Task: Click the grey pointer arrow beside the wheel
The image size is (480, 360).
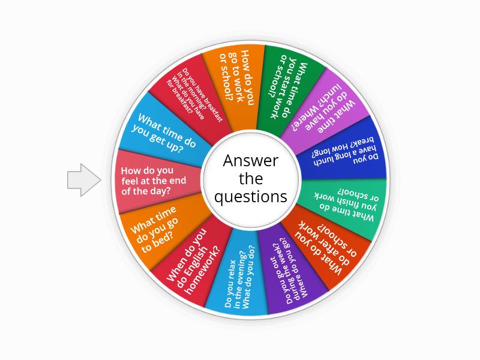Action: click(x=83, y=179)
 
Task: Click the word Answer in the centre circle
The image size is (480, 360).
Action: click(x=251, y=161)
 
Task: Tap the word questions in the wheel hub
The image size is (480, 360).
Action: click(x=251, y=197)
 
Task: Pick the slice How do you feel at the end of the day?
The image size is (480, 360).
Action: click(x=153, y=181)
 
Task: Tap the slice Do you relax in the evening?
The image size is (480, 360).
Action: click(x=238, y=275)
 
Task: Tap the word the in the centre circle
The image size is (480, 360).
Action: click(x=251, y=178)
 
